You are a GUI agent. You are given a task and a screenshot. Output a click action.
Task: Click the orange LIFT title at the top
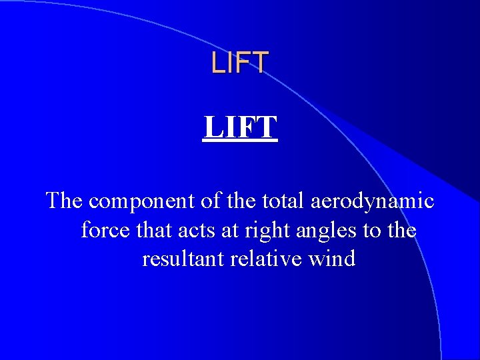(x=239, y=63)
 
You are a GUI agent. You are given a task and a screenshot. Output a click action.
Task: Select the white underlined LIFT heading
(x=240, y=127)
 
